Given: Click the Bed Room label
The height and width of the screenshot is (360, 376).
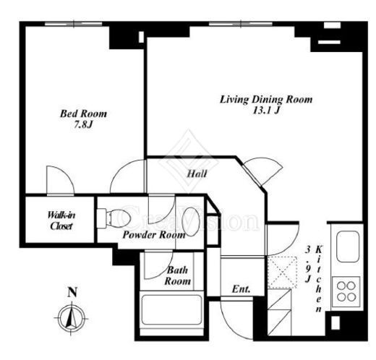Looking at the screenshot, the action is click(83, 113).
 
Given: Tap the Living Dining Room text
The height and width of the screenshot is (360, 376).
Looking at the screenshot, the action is click(266, 100).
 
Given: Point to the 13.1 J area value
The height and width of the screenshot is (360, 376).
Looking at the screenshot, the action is click(266, 111).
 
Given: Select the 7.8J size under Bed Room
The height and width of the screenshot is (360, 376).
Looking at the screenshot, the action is click(83, 125).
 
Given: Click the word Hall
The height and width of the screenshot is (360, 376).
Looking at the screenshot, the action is click(197, 173).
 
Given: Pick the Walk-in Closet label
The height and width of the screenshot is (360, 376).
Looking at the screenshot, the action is click(61, 220).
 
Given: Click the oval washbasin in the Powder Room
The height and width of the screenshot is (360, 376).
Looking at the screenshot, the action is click(191, 221).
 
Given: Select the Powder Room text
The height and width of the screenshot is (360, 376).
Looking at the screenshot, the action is click(154, 235).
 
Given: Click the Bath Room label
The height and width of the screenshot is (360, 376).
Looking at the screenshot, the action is click(177, 275).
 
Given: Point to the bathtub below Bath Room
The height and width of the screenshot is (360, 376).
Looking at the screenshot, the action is click(171, 309).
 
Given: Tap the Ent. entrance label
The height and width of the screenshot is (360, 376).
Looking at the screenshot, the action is click(241, 289).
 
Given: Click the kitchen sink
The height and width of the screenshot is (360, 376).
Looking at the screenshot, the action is click(348, 247).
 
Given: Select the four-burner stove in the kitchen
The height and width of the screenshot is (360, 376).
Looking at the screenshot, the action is click(346, 291).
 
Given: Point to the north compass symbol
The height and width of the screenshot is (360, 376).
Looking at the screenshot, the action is click(72, 319).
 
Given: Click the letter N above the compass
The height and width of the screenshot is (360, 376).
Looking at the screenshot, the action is click(72, 292).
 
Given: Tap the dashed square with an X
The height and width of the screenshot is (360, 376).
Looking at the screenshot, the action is click(282, 273).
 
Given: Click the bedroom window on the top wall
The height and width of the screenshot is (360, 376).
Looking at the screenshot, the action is click(74, 24).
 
